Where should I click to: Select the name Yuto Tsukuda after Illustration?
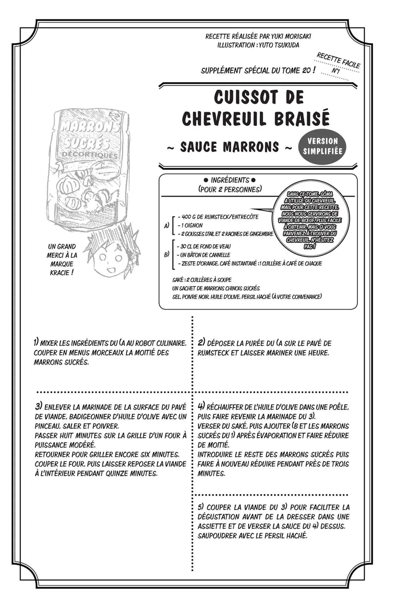[x=279, y=45]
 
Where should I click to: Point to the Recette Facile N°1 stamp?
[x=338, y=64]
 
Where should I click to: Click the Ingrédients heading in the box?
[x=230, y=180]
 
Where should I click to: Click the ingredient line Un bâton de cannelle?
[x=205, y=255]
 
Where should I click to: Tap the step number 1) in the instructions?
[x=36, y=342]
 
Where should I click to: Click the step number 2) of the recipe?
[x=201, y=343]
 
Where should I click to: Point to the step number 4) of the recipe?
[x=201, y=407]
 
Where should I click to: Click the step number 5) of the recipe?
[x=201, y=507]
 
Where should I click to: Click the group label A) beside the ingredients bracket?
[x=167, y=225]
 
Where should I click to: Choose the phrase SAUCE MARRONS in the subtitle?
[x=229, y=147]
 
